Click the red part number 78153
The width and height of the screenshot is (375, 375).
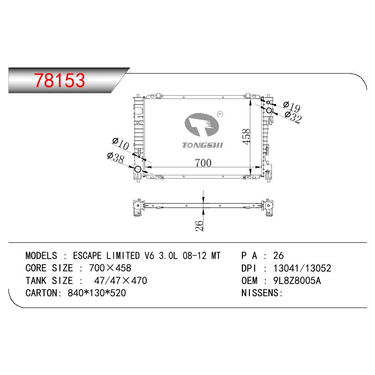coord(60,80)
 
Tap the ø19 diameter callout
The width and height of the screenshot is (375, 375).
coord(292,106)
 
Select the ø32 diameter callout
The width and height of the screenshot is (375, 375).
coord(293,117)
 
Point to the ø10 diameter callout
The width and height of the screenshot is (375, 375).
coord(121,143)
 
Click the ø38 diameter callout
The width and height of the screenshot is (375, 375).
coord(116,157)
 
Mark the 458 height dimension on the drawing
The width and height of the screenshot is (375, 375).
coord(246,136)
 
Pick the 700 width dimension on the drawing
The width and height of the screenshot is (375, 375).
coord(203,163)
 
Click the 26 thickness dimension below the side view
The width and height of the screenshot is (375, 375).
coord(199,225)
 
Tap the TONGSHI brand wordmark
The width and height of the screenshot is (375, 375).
coord(202,145)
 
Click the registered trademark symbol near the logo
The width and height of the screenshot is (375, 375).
coord(220,114)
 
